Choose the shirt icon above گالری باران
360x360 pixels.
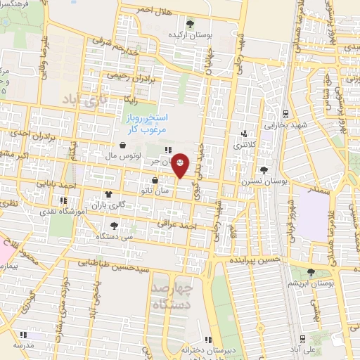tap(108, 194)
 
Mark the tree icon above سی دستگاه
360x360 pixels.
tap(113, 226)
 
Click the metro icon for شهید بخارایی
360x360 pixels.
tap(285, 114)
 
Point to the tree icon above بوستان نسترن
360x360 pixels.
tap(264, 170)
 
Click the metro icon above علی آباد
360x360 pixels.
tap(304, 337)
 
